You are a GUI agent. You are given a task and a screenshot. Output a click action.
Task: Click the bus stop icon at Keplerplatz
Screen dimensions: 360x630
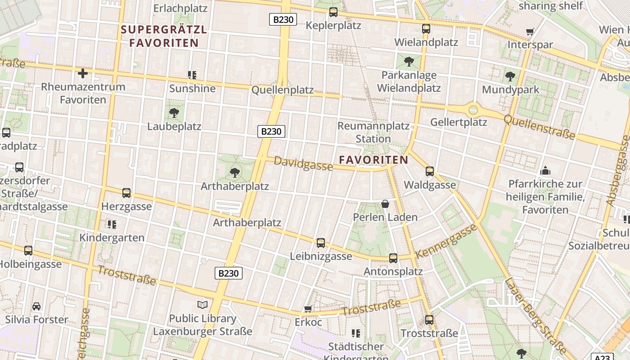(333, 12)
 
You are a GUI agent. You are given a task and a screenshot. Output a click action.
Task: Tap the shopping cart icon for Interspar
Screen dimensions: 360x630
(530, 32)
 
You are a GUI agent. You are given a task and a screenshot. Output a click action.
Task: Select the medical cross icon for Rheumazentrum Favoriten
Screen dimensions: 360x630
(83, 73)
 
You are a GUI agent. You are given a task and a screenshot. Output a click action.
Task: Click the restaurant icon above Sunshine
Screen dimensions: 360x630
(193, 75)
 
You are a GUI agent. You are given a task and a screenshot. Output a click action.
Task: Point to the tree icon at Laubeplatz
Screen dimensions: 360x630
(174, 113)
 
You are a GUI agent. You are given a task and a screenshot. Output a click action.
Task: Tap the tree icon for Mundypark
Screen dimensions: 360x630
(510, 76)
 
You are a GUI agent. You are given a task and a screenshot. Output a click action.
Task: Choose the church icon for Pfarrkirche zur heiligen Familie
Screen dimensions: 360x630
(545, 171)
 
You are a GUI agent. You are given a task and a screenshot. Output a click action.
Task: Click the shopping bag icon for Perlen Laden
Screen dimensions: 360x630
(385, 204)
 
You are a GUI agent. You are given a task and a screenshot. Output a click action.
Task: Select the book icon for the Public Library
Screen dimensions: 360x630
(202, 305)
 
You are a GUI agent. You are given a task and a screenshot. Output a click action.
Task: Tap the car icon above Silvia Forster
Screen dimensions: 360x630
(36, 306)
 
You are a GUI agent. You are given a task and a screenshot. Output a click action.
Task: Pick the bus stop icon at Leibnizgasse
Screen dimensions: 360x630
(321, 243)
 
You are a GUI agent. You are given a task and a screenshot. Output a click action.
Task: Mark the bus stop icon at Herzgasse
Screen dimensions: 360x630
(126, 193)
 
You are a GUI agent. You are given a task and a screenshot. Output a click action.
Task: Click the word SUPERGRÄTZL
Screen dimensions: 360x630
(164, 30)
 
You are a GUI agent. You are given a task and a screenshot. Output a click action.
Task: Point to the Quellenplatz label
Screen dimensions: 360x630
(283, 90)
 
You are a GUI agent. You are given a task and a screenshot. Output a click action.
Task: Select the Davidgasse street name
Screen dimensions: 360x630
(303, 164)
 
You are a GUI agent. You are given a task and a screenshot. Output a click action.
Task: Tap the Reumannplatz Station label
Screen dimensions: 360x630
(373, 132)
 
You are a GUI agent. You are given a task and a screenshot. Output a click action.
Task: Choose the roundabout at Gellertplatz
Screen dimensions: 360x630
(473, 109)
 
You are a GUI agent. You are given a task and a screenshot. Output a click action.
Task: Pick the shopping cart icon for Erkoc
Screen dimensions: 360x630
(308, 309)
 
